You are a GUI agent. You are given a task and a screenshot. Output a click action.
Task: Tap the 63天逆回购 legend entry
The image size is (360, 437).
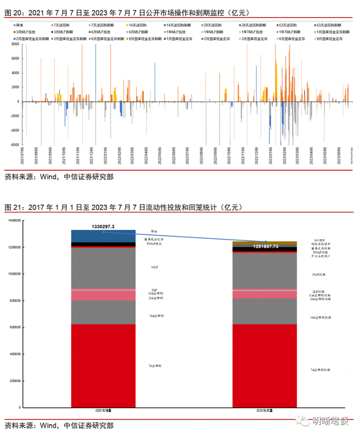288,25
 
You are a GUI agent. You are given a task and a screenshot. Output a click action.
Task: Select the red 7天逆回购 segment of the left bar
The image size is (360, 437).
103,365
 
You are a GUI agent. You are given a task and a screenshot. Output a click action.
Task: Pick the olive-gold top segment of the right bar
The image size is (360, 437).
265,243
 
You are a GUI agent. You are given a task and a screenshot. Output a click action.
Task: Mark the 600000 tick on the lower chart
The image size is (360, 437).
14,327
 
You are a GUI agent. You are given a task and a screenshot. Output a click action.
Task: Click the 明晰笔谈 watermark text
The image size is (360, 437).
330,422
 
